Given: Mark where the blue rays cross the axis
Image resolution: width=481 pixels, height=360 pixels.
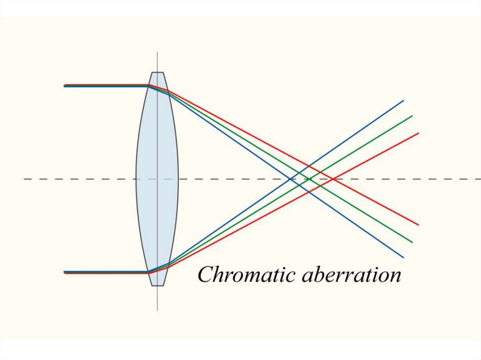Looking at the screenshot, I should pyautogui.click(x=290, y=179).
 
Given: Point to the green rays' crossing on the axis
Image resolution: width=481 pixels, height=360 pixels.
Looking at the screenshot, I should pyautogui.click(x=310, y=179).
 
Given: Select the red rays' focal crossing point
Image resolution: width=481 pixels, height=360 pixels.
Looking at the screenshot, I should pyautogui.click(x=333, y=179).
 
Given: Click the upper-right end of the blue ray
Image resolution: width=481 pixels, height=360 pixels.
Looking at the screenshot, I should pyautogui.click(x=403, y=100).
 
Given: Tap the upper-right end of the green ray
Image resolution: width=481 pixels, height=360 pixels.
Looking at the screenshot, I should pyautogui.click(x=412, y=115).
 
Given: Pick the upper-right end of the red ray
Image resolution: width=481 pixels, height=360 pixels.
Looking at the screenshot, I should pyautogui.click(x=418, y=133).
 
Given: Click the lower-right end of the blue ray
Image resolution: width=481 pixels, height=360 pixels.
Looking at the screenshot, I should pyautogui.click(x=403, y=257).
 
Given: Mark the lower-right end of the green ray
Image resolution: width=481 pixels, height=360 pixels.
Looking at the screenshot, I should pyautogui.click(x=412, y=242).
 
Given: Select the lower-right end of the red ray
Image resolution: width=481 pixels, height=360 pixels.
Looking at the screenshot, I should pyautogui.click(x=418, y=225).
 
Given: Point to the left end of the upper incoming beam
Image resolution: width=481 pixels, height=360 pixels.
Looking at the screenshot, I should pyautogui.click(x=65, y=86).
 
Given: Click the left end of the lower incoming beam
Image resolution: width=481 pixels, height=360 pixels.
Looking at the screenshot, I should pyautogui.click(x=65, y=272).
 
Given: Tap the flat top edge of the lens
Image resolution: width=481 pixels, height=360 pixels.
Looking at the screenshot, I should pyautogui.click(x=157, y=72).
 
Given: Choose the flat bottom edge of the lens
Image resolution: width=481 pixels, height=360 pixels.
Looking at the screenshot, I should pyautogui.click(x=157, y=285).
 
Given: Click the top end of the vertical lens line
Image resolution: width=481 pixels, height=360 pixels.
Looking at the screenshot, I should pyautogui.click(x=157, y=52).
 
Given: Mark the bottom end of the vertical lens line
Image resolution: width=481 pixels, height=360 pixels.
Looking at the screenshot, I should pyautogui.click(x=157, y=310).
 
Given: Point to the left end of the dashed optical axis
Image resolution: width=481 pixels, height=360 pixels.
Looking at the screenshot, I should pyautogui.click(x=24, y=179).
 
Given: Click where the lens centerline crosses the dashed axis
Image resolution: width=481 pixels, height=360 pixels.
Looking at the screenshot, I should pyautogui.click(x=157, y=179).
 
